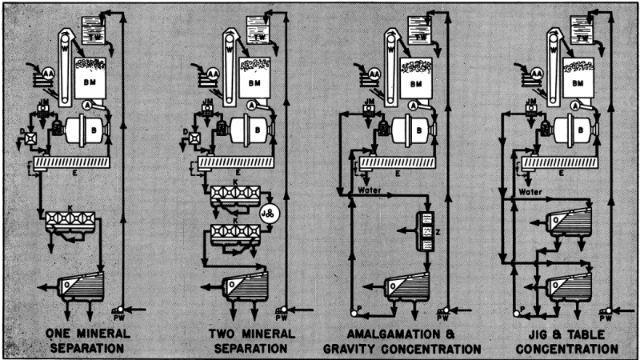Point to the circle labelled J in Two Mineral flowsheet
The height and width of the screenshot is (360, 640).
[x=268, y=214]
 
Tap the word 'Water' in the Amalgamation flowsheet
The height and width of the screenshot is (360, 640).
[x=370, y=191]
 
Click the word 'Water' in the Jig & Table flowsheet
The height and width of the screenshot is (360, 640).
[x=530, y=191]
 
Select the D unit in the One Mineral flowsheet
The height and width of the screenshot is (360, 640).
[x=28, y=144]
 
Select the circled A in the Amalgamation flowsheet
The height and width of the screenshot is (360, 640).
[x=413, y=105]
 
